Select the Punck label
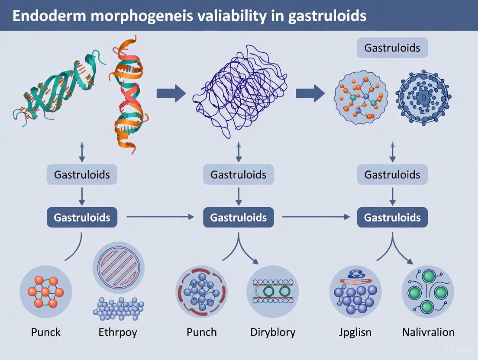pos(46,332)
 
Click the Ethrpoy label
pos(118,332)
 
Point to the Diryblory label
pos(273,332)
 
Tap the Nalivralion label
pos(428,332)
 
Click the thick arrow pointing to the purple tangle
pos(171,93)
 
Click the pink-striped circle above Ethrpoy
pos(118,267)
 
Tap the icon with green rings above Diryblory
pos(273,291)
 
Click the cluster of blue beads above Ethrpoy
pos(118,306)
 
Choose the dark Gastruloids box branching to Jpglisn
pos(392,217)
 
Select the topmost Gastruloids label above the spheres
pos(392,48)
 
